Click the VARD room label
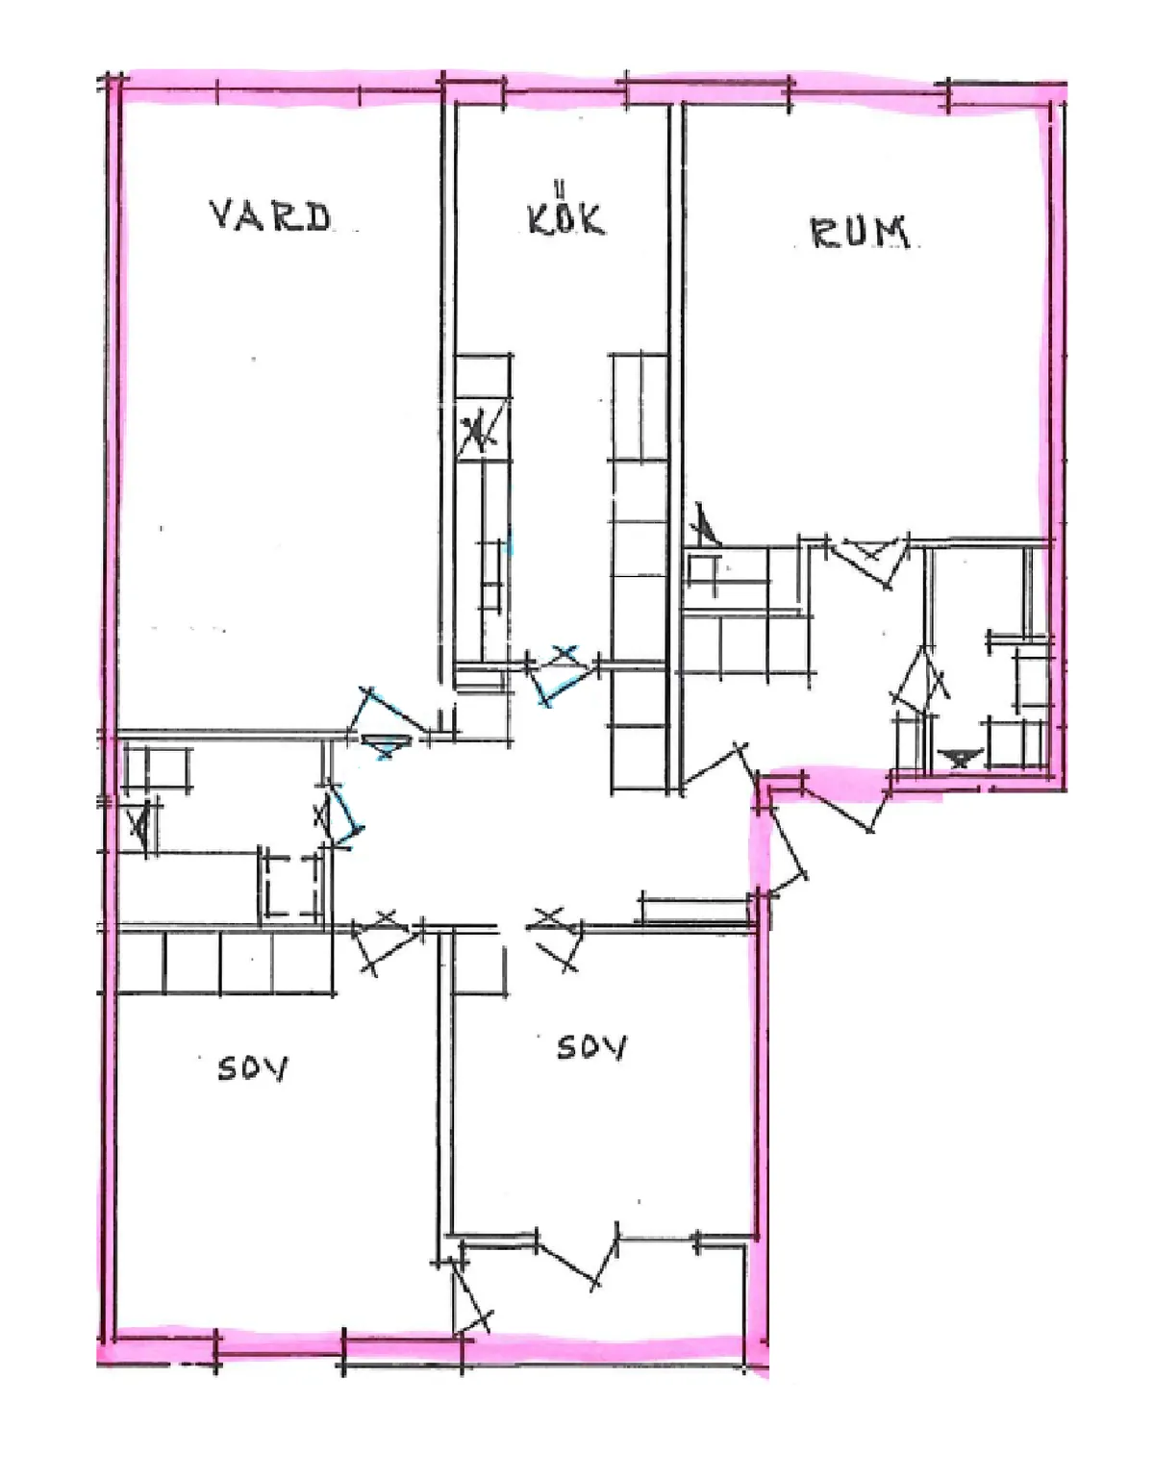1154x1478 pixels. point(270,215)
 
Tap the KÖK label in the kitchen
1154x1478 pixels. point(565,215)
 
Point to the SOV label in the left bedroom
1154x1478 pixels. point(252,1067)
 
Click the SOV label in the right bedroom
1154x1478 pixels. point(591,1046)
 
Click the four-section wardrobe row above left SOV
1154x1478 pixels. point(225,963)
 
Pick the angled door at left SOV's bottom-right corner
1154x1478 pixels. point(471,1298)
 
